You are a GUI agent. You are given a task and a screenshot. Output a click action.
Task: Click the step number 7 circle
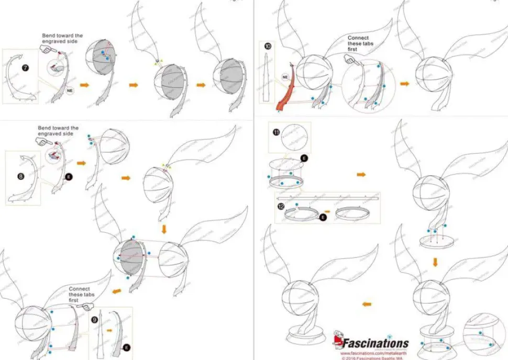tap(25, 68)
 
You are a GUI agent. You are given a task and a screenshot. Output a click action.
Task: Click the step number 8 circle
tap(20, 177)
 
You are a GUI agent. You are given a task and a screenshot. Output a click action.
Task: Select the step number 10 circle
tap(268, 46)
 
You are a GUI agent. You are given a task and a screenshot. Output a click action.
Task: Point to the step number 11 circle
tap(276, 132)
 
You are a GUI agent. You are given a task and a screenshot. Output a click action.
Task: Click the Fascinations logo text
tap(375, 344)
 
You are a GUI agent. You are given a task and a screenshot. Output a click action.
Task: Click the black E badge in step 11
tap(304, 157)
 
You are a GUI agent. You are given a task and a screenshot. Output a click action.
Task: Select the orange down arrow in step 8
tap(164, 229)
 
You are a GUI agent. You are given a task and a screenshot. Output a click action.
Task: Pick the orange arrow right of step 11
tap(361, 174)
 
